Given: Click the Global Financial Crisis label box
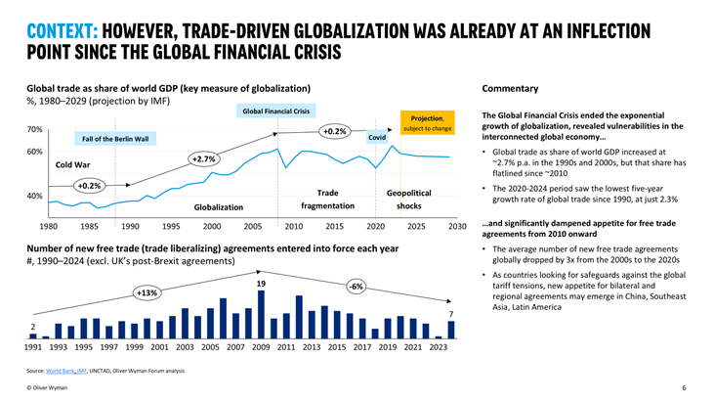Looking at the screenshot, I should pyautogui.click(x=275, y=111).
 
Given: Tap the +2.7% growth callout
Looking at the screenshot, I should pyautogui.click(x=203, y=158).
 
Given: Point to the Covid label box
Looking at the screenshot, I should pyautogui.click(x=377, y=138).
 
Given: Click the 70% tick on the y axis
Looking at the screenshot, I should pyautogui.click(x=33, y=130).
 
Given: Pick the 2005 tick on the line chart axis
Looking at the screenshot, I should pyautogui.click(x=251, y=226).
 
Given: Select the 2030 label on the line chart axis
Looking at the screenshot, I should pyautogui.click(x=457, y=226).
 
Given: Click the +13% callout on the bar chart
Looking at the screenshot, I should pyautogui.click(x=147, y=291).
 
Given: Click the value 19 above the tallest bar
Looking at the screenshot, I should pyautogui.click(x=261, y=284).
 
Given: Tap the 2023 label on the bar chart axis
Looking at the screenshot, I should pyautogui.click(x=438, y=346).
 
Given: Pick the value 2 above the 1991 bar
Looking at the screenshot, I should pyautogui.click(x=32, y=326).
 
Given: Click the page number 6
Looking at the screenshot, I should pyautogui.click(x=684, y=388).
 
